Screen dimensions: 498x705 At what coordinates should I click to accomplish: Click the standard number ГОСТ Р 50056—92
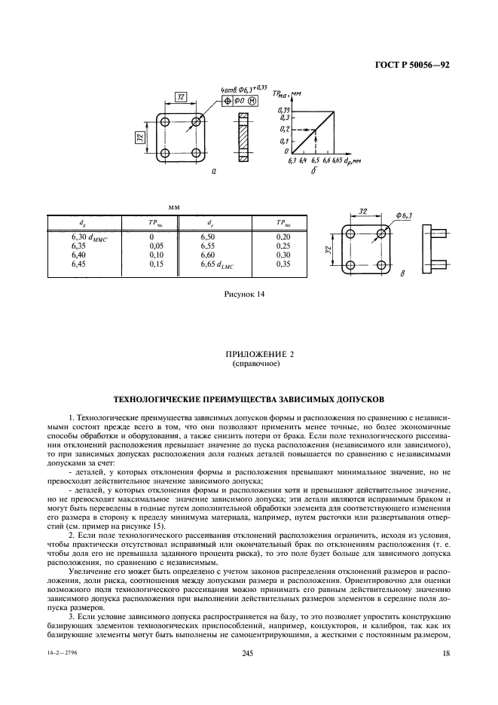tap(412, 65)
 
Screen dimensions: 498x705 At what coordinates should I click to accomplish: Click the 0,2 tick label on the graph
tap(284, 130)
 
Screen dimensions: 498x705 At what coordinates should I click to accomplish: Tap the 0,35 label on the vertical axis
tap(283, 110)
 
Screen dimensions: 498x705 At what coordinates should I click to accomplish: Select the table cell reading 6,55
tap(207, 246)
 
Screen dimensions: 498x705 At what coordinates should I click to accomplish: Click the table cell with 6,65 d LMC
tap(217, 265)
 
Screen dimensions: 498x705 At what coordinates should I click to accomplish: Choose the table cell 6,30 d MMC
tap(90, 238)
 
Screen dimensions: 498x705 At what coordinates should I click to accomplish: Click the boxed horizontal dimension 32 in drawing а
tap(180, 96)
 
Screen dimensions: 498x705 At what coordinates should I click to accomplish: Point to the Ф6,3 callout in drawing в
tap(404, 216)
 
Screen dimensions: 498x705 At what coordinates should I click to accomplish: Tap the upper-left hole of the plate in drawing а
tap(165, 122)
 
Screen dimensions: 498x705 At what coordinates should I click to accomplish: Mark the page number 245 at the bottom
tap(248, 654)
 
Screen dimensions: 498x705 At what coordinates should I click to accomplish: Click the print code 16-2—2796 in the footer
tap(62, 654)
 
